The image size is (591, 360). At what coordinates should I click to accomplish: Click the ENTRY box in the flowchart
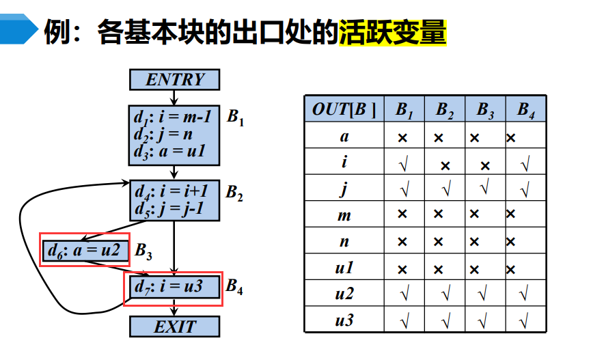(175, 80)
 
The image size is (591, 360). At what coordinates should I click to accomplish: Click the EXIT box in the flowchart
(175, 327)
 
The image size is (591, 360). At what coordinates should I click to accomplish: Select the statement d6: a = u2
(84, 251)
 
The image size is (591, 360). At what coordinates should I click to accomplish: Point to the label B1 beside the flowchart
(236, 117)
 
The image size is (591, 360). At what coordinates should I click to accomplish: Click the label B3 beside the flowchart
(143, 251)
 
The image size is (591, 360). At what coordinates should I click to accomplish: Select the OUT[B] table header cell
(344, 109)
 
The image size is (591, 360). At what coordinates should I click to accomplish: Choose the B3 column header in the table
(485, 109)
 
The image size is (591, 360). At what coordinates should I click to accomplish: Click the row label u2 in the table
(344, 294)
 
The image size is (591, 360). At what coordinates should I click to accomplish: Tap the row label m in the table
(344, 216)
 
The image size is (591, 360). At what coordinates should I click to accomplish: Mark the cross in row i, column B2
(445, 165)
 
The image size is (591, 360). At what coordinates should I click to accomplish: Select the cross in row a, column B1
(403, 137)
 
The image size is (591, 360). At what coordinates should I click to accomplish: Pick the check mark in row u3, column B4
(525, 319)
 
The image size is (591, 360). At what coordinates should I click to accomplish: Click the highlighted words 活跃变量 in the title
(392, 32)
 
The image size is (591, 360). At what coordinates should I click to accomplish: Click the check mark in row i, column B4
(525, 164)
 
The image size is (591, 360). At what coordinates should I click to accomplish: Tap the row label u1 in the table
(344, 268)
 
